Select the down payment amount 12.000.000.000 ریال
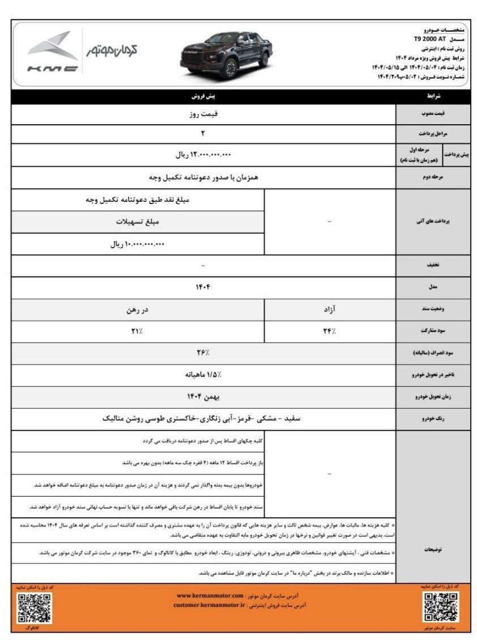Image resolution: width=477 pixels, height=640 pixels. click(x=203, y=154)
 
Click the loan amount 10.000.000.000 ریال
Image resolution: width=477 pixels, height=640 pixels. click(x=137, y=244)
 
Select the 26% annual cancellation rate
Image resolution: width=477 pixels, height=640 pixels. click(x=203, y=353)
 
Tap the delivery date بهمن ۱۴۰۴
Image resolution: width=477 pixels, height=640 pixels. click(x=203, y=397)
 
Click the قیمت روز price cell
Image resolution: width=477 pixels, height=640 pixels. click(x=203, y=113)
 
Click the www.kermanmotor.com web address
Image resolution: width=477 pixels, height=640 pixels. click(x=210, y=596)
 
